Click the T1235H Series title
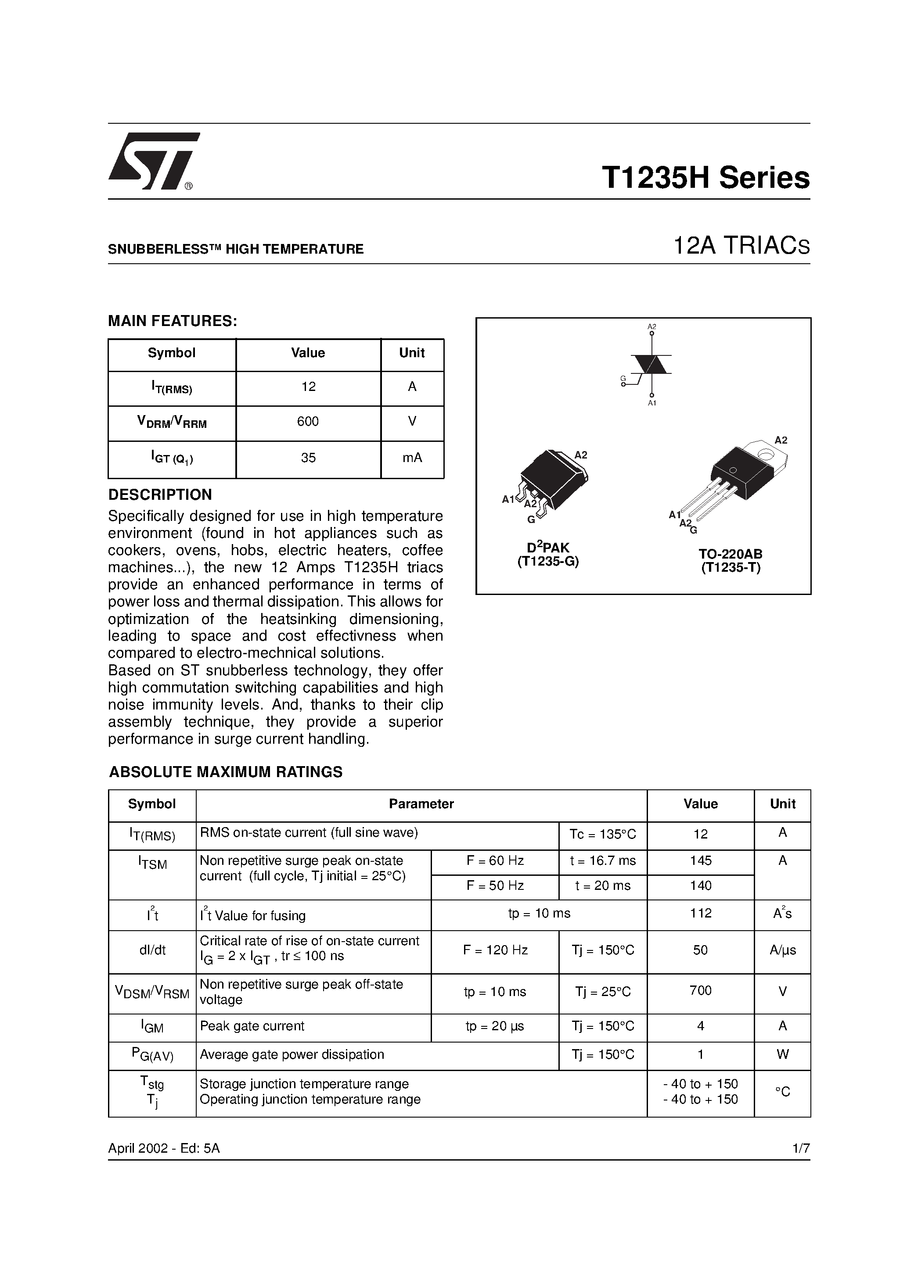tap(705, 178)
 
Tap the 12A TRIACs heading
tap(741, 247)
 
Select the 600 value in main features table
tap(308, 422)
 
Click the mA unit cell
tap(412, 458)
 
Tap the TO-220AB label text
tap(730, 554)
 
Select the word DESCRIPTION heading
tap(160, 495)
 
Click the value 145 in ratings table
tap(701, 860)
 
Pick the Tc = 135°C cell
tap(603, 834)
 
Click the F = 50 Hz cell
tap(495, 886)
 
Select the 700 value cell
tap(701, 991)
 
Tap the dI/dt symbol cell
tap(152, 950)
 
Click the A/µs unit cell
tap(782, 950)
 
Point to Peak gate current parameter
tap(252, 1026)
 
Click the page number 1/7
tap(801, 1148)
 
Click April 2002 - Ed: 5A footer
tap(164, 1148)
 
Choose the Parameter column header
tap(421, 804)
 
